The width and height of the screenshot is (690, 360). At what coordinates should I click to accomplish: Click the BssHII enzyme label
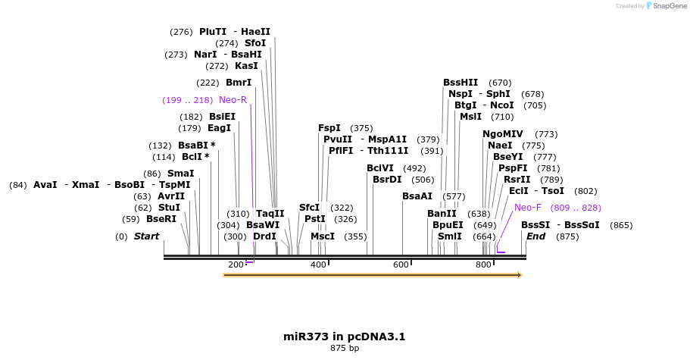(x=461, y=83)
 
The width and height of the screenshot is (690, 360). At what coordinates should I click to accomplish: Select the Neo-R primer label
(x=233, y=100)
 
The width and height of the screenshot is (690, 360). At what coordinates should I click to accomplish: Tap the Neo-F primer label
(x=528, y=207)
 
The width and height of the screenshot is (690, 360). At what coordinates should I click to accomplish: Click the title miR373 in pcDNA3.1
(x=339, y=336)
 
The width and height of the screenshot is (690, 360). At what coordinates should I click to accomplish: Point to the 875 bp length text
(x=345, y=348)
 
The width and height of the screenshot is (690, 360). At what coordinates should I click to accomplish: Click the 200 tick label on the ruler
(x=236, y=264)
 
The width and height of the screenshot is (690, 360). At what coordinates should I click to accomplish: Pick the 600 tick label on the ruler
(x=401, y=264)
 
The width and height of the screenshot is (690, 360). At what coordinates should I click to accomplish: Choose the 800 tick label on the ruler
(x=483, y=264)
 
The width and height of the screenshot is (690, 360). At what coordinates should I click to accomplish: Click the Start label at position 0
(x=146, y=236)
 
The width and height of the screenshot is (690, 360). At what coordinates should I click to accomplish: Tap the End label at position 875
(x=535, y=236)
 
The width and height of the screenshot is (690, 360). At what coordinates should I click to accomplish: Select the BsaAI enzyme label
(x=417, y=196)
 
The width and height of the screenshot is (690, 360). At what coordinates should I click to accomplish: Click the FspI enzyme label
(x=329, y=128)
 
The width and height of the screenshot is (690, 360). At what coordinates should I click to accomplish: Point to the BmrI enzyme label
(x=239, y=83)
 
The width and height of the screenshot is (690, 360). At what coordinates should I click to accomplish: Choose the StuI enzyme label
(x=169, y=207)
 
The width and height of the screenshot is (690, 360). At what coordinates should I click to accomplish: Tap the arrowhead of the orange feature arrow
(x=519, y=275)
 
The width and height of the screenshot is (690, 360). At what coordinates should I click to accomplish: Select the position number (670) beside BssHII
(x=500, y=83)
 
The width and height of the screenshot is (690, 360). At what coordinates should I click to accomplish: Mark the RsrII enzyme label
(x=517, y=179)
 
